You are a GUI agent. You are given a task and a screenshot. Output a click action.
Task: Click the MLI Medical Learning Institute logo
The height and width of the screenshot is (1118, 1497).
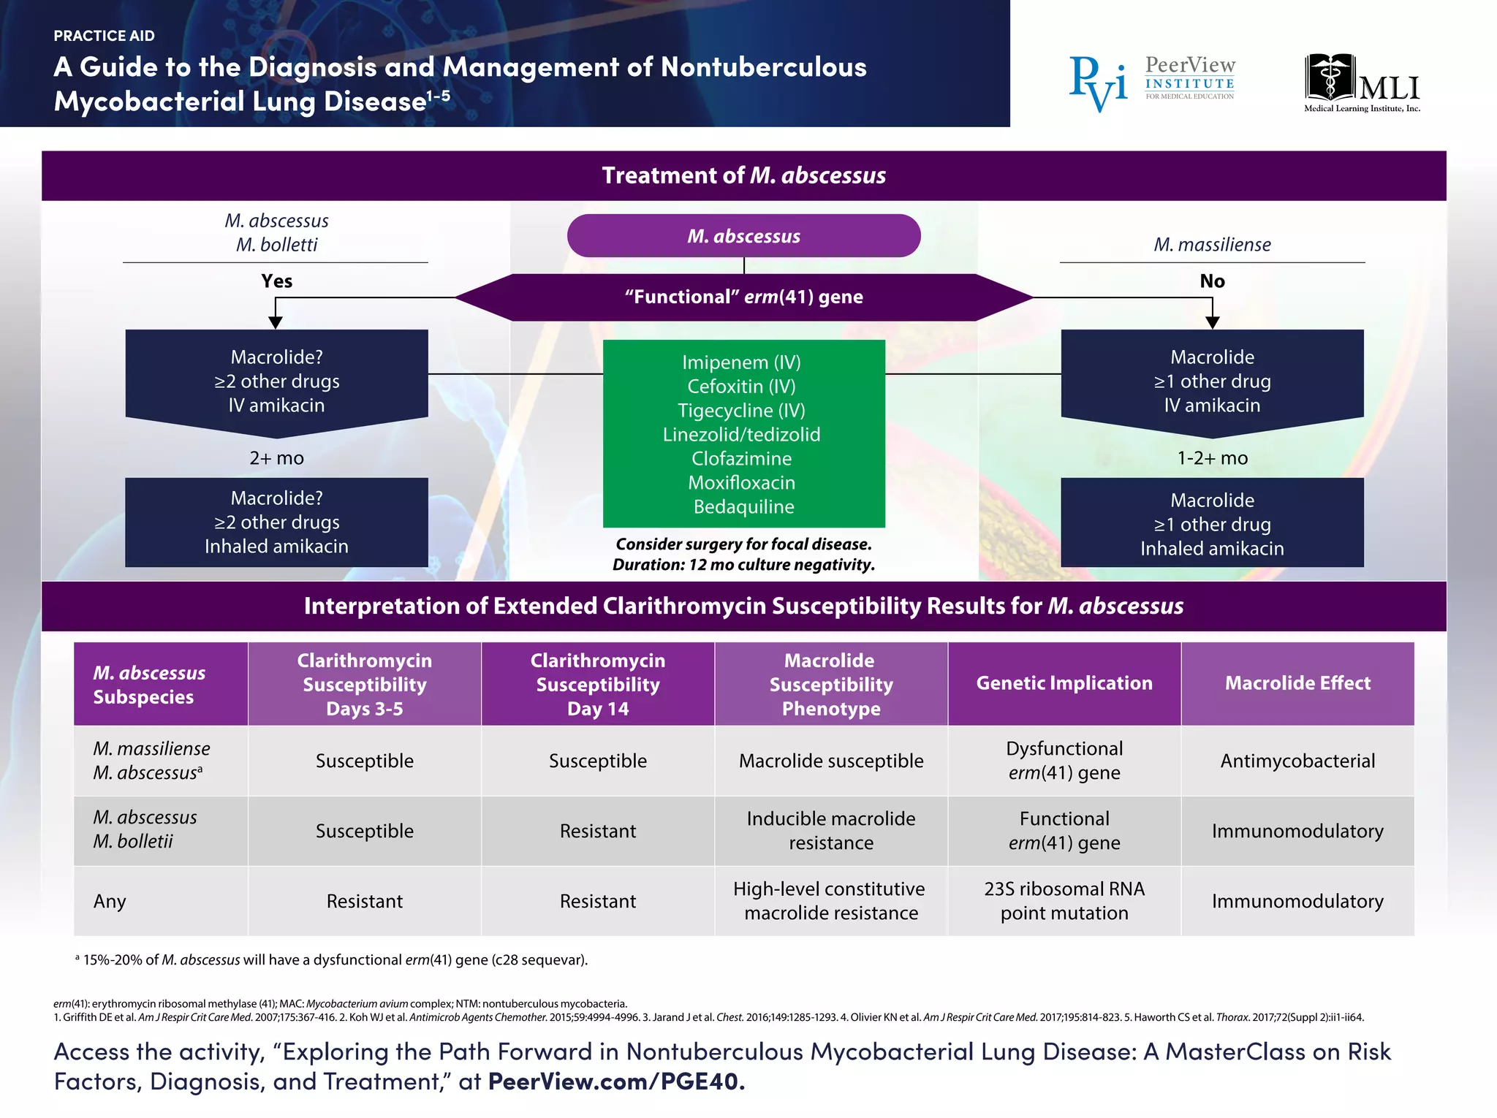point(1362,83)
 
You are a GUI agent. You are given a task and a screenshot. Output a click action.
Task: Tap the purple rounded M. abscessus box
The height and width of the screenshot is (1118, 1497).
point(743,236)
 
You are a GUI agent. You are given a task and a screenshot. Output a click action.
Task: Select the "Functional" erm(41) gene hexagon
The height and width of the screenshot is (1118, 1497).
point(743,297)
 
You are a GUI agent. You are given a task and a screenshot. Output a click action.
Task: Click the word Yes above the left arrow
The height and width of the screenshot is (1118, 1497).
point(276,281)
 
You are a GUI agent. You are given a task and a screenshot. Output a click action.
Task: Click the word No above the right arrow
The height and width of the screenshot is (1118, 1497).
point(1212,281)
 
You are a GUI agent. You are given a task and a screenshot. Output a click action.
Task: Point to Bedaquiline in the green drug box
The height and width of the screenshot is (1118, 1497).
point(743,506)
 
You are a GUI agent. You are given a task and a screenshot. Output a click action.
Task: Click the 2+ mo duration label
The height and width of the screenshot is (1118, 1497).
point(276,458)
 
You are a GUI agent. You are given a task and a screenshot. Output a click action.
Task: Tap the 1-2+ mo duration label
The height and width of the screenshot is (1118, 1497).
point(1212,458)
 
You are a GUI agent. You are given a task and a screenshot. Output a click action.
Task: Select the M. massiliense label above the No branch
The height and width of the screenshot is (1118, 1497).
point(1212,245)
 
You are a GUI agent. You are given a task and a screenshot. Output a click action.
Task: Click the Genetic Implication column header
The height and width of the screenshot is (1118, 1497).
point(1064,683)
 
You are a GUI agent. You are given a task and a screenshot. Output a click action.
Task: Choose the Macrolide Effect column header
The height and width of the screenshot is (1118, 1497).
point(1297,683)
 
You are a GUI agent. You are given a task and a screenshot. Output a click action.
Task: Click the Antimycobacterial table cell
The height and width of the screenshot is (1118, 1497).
point(1297,761)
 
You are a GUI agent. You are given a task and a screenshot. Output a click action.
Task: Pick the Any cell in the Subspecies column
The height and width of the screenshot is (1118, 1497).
point(110,901)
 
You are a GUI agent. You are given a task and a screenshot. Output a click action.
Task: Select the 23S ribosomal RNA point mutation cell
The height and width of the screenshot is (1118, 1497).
point(1064,901)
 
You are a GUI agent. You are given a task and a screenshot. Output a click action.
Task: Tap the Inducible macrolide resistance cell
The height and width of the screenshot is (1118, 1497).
point(830,831)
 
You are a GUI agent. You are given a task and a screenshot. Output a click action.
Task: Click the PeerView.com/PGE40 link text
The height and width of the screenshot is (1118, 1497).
point(616,1081)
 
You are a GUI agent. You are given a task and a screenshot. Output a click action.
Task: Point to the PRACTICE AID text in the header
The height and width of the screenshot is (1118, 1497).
point(104,36)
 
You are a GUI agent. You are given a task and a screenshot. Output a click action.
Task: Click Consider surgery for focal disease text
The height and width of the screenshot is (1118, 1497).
point(743,544)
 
